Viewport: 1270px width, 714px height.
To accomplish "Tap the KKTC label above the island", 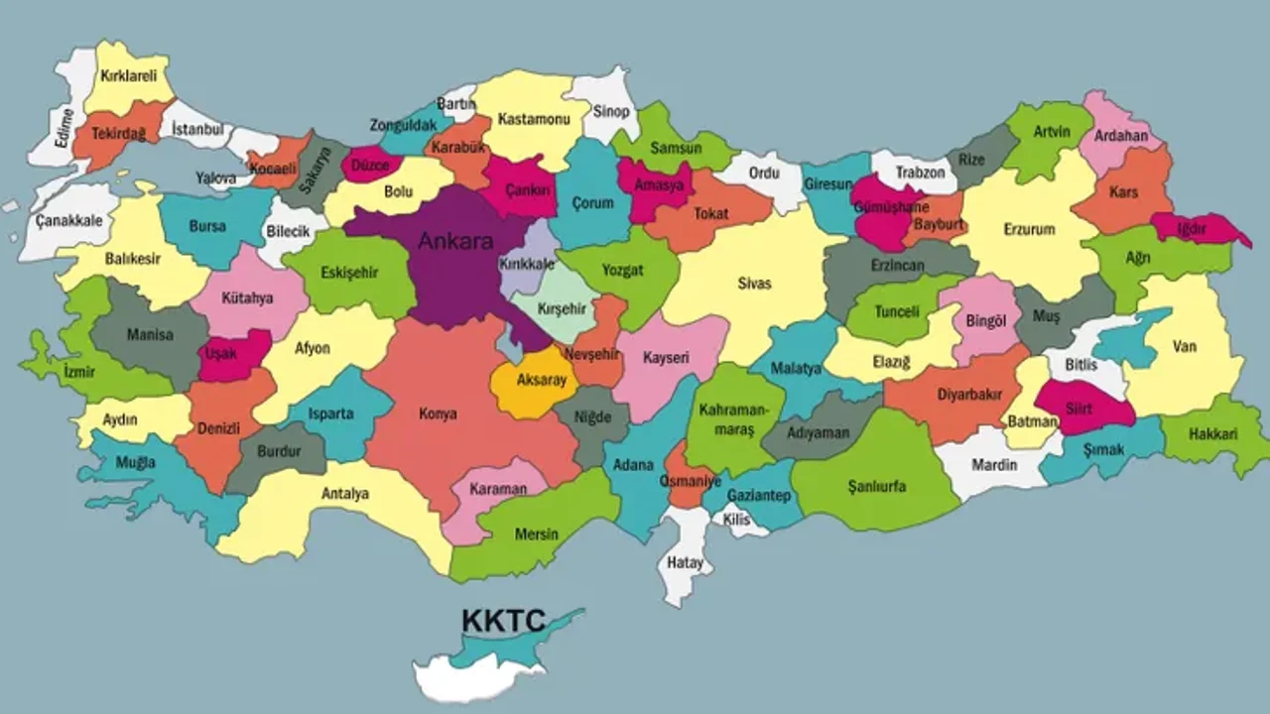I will pos(503,622).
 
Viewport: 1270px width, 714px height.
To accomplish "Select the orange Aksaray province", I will pos(527,382).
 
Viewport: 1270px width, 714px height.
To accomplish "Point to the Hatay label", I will pos(686,563).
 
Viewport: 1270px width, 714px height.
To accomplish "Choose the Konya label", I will pos(438,414).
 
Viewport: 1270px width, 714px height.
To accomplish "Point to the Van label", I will pos(1184,347).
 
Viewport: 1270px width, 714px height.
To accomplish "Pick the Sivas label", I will pos(754,284).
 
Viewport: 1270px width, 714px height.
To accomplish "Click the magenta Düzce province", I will pos(370,166).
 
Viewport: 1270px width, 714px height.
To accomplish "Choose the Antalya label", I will pos(345,494).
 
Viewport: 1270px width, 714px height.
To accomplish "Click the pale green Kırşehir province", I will pos(562,308).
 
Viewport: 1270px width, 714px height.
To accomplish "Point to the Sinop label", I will pos(611,112).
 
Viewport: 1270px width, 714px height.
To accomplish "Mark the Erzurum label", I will pos(1028,230).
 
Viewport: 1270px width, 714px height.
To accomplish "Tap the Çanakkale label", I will pos(67,221).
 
